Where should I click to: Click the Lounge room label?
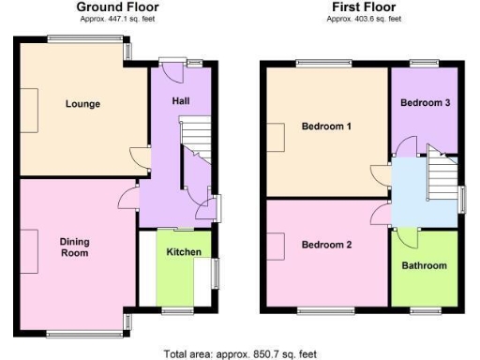tap(82, 103)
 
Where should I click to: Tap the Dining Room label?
tap(74, 247)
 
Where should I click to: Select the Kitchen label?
tap(183, 252)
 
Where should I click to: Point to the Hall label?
tap(182, 100)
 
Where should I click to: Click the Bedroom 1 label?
tap(326, 126)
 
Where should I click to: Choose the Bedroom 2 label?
tap(326, 245)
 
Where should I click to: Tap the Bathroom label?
tap(425, 265)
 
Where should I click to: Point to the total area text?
tap(240, 353)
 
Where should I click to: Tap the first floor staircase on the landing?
tap(441, 173)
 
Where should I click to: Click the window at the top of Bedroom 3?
tap(425, 65)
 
